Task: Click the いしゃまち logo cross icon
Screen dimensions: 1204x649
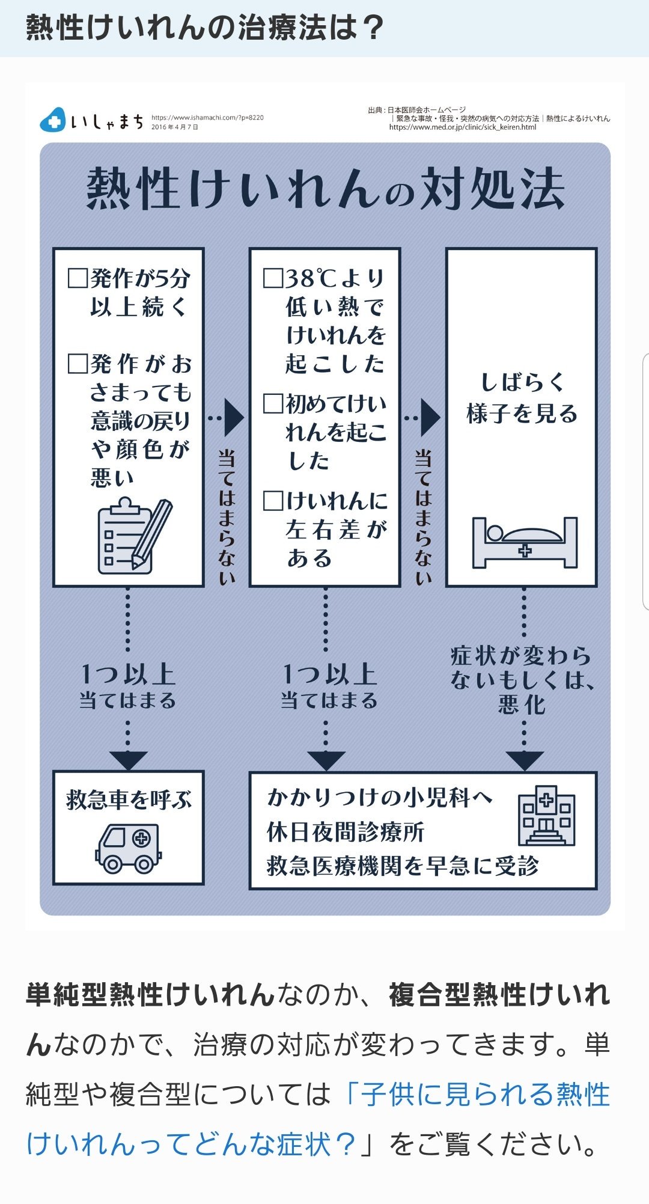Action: [53, 120]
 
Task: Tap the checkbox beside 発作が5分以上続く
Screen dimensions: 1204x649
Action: [78, 278]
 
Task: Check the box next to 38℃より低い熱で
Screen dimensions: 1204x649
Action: [273, 278]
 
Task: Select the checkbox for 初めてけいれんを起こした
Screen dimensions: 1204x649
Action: [273, 403]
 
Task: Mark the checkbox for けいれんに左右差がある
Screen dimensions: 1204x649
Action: [273, 501]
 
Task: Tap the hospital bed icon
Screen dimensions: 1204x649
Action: [524, 542]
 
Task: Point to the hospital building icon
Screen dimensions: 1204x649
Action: [546, 816]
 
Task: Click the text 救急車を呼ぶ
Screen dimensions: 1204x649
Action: [129, 800]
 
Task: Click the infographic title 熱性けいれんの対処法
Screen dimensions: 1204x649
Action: [325, 188]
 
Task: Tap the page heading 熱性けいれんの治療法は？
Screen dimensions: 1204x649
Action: [205, 28]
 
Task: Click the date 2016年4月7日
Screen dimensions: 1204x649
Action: [175, 127]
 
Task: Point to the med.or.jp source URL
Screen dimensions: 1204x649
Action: [462, 127]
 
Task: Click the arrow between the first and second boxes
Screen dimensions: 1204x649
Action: [231, 417]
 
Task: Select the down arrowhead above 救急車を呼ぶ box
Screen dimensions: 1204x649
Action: [128, 760]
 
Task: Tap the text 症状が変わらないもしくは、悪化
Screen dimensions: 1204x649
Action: [522, 679]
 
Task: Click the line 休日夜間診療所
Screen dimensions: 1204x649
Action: [346, 833]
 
